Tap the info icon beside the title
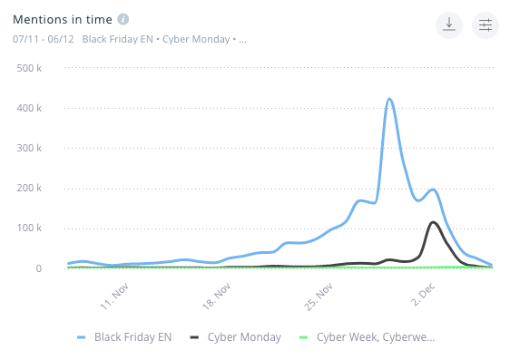[123, 19]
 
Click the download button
[449, 25]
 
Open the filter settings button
[485, 25]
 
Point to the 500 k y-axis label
[42, 68]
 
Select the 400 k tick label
[42, 108]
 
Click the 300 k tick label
[42, 148]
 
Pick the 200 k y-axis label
[42, 188]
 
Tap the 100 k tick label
[42, 228]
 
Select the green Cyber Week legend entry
[368, 337]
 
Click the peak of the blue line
[389, 99]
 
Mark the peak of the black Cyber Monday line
[434, 222]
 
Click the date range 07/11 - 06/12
[44, 39]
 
